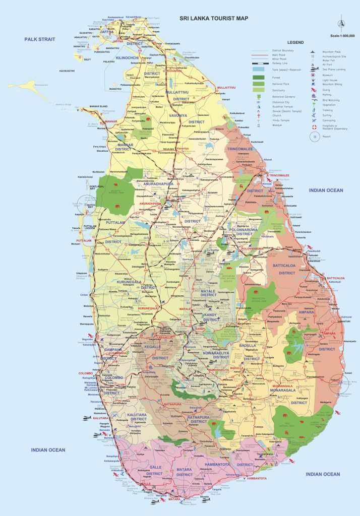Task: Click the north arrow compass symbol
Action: (342, 24)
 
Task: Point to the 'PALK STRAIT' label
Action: (41, 39)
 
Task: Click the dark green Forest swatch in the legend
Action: (259, 77)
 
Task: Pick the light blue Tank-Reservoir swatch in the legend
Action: (259, 69)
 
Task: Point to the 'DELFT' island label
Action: (87, 59)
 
